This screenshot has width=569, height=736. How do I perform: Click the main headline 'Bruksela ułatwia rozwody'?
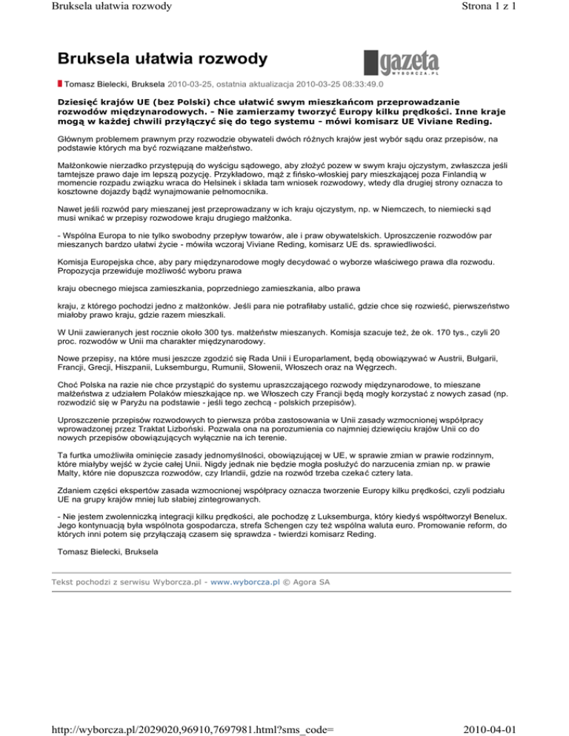coord(164,57)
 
